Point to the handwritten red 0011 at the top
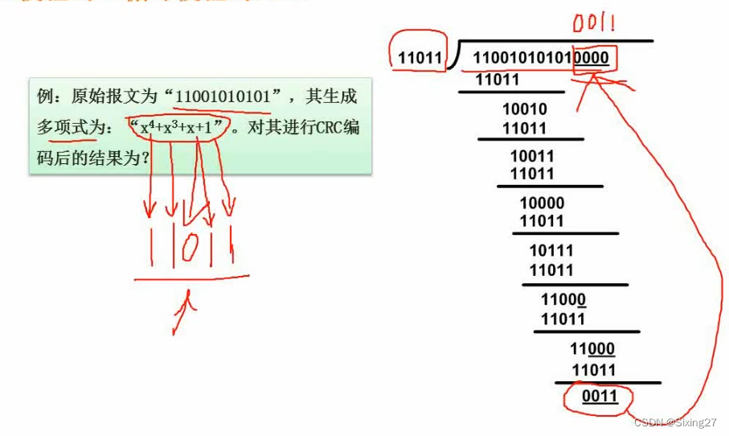click(x=594, y=25)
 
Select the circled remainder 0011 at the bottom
click(x=599, y=397)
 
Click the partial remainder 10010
click(x=524, y=110)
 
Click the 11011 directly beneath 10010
click(x=524, y=129)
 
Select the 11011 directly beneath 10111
click(x=551, y=270)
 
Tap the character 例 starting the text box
click(x=46, y=97)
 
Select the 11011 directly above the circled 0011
click(x=593, y=370)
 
